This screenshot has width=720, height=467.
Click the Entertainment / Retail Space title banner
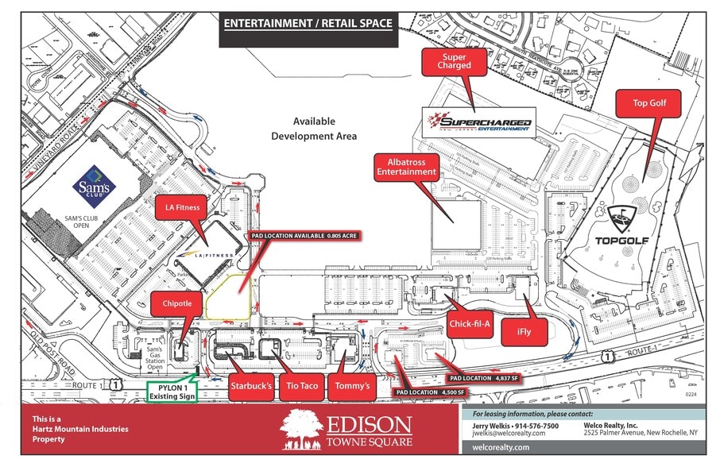tap(308, 23)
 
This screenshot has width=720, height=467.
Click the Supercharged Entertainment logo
tap(477, 123)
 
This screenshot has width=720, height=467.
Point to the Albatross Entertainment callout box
tap(406, 166)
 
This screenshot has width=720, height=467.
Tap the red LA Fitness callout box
tap(182, 208)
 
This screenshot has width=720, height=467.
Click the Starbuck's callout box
tap(251, 385)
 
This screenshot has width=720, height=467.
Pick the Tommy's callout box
tap(352, 385)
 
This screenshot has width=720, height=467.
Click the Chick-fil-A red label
tap(470, 323)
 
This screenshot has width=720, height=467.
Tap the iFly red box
tap(521, 334)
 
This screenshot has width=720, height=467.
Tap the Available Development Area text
tap(314, 129)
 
